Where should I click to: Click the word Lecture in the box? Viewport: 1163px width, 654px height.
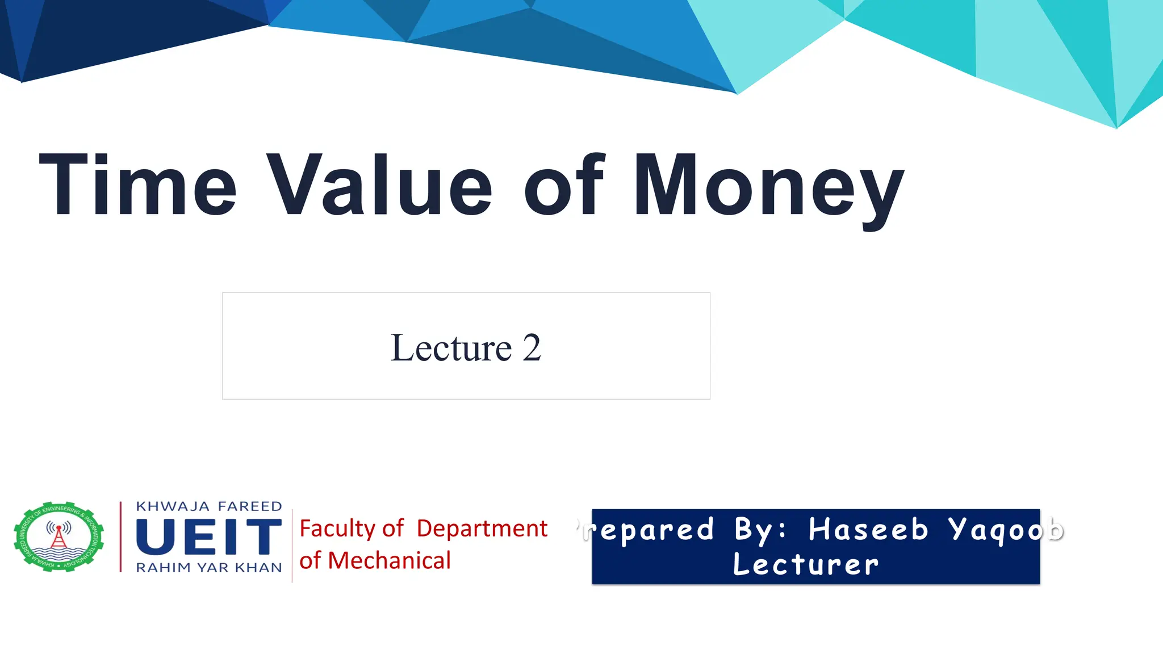pyautogui.click(x=451, y=347)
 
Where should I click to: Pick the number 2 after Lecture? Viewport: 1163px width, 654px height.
pyautogui.click(x=532, y=347)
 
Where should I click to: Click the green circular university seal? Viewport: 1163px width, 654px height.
pyautogui.click(x=59, y=536)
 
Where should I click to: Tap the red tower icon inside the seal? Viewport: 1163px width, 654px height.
pyautogui.click(x=58, y=537)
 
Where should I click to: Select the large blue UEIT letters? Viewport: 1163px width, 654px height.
pyautogui.click(x=208, y=536)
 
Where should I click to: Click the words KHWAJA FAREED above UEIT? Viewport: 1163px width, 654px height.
pyautogui.click(x=208, y=506)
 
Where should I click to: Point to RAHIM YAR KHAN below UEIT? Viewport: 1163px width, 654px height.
pyautogui.click(x=208, y=568)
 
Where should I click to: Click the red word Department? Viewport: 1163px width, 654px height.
pyautogui.click(x=482, y=529)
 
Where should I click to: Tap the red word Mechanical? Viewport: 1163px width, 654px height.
pyautogui.click(x=389, y=561)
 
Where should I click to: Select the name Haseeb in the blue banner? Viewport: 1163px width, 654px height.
pyautogui.click(x=868, y=530)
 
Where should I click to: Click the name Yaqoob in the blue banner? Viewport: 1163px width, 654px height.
pyautogui.click(x=1005, y=530)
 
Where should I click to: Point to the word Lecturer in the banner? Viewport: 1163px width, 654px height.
pyautogui.click(x=805, y=564)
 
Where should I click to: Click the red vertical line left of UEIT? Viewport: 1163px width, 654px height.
pyautogui.click(x=120, y=536)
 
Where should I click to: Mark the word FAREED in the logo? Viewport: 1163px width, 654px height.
pyautogui.click(x=250, y=506)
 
